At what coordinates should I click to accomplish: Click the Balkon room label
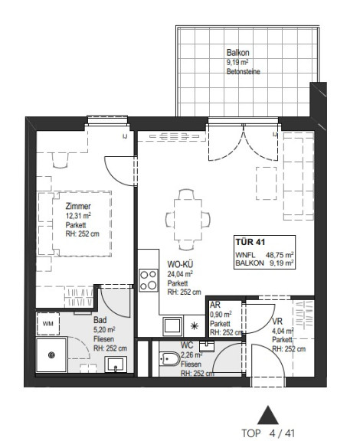tap(238, 53)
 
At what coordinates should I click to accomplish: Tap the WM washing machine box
tap(47, 323)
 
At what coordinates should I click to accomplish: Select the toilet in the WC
tap(169, 359)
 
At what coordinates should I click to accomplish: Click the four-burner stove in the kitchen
tap(149, 280)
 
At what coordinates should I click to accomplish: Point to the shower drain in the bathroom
tap(51, 355)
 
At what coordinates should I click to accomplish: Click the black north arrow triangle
tap(267, 415)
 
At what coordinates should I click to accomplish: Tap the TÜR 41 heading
tap(250, 242)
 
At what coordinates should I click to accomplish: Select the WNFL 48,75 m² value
tap(280, 255)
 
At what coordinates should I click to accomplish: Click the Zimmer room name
tap(78, 206)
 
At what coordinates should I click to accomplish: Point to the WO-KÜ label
tap(180, 264)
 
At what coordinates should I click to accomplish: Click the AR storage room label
tap(215, 305)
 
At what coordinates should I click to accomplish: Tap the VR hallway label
tap(277, 322)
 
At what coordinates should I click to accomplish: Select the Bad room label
tap(100, 320)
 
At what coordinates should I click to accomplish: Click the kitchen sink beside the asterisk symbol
tap(172, 325)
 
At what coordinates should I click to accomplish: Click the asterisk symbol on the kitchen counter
tap(195, 326)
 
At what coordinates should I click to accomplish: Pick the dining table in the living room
tap(188, 220)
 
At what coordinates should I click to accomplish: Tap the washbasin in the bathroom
tap(116, 364)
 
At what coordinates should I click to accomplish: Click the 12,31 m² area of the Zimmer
tap(78, 216)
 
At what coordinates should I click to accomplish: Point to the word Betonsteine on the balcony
tap(243, 71)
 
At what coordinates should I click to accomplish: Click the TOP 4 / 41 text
tap(268, 433)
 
